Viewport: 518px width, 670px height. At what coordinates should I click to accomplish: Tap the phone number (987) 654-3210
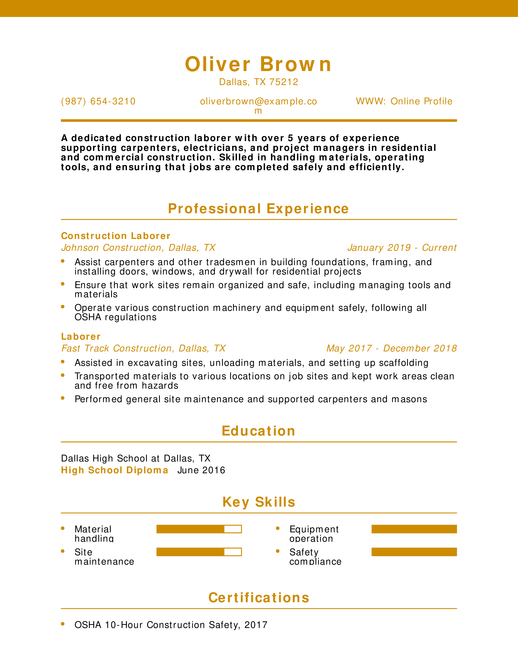pyautogui.click(x=98, y=101)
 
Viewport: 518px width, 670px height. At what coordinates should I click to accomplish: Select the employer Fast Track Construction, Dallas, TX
pyautogui.click(x=143, y=348)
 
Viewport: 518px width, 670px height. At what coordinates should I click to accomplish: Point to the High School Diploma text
pyautogui.click(x=114, y=470)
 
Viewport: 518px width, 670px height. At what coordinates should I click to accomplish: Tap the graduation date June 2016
pyautogui.click(x=201, y=470)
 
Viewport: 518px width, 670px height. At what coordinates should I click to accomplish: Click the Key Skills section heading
pyautogui.click(x=259, y=502)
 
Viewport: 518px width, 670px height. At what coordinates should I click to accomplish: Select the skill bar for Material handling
pyautogui.click(x=199, y=529)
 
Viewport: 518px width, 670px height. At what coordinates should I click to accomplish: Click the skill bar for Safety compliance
pyautogui.click(x=414, y=552)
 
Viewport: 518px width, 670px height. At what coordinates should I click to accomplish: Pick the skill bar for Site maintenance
pyautogui.click(x=199, y=552)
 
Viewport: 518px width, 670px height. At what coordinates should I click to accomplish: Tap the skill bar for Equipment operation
pyautogui.click(x=414, y=529)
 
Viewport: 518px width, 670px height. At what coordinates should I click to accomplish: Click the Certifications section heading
pyautogui.click(x=259, y=598)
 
